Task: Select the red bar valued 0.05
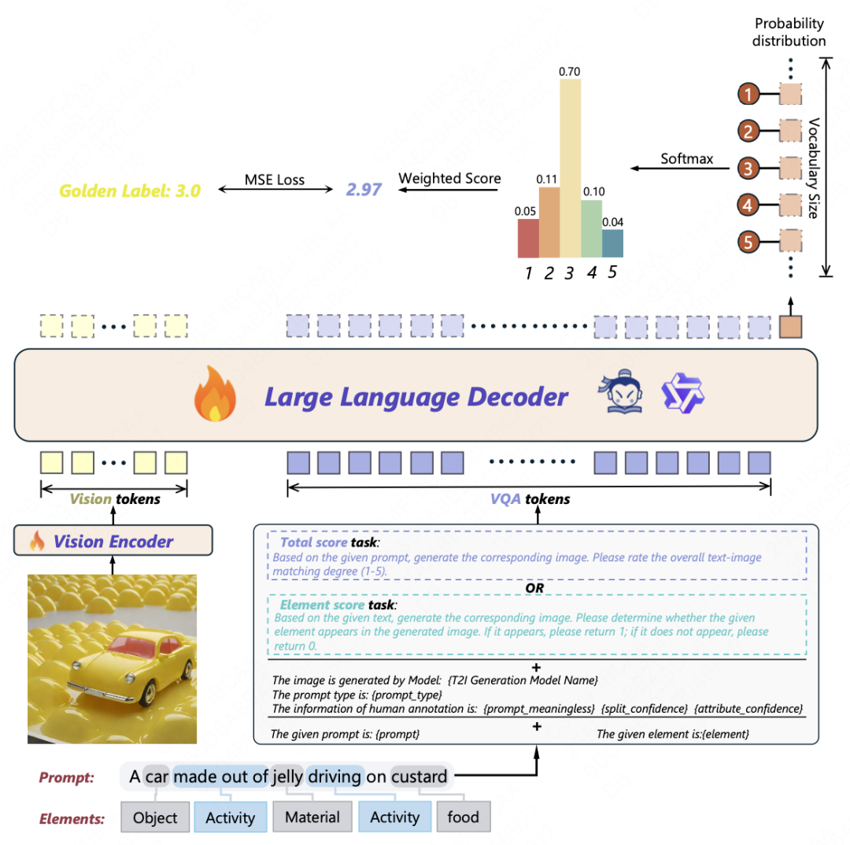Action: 528,239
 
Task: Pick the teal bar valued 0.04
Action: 612,243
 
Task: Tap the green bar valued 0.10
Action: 591,229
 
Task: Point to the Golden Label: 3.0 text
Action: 130,190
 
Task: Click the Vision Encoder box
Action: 113,541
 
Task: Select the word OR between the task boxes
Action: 535,587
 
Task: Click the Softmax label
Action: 686,159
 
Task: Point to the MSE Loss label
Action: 275,180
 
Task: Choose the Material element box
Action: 312,817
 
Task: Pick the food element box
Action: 463,817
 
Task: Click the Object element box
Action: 155,817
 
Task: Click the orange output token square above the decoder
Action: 789,326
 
